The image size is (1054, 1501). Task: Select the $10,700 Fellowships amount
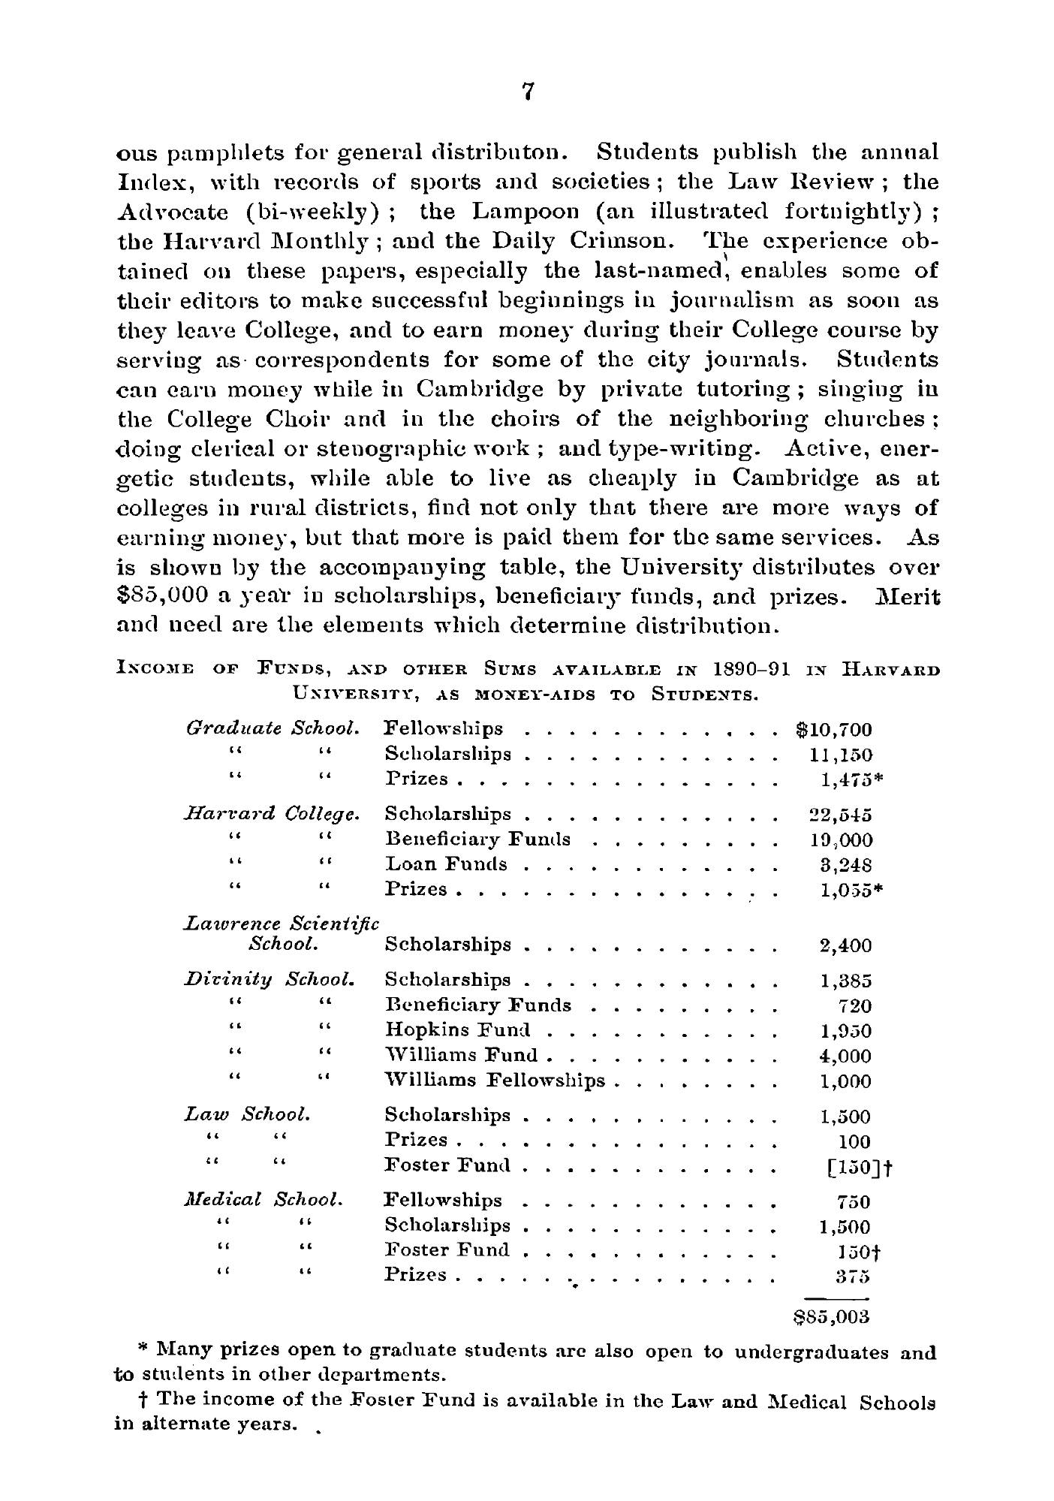(x=833, y=729)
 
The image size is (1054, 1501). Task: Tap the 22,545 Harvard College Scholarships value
(x=836, y=815)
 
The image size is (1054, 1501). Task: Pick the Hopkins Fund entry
(x=457, y=1029)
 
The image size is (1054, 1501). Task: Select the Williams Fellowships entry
(x=494, y=1081)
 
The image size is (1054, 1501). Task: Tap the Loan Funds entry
(x=446, y=864)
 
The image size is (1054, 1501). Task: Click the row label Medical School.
(x=263, y=1199)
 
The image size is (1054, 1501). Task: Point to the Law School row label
(x=247, y=1115)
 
